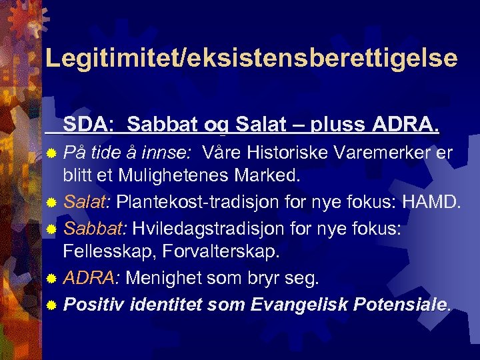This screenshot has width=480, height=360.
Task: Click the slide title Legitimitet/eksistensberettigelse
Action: pos(251,58)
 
